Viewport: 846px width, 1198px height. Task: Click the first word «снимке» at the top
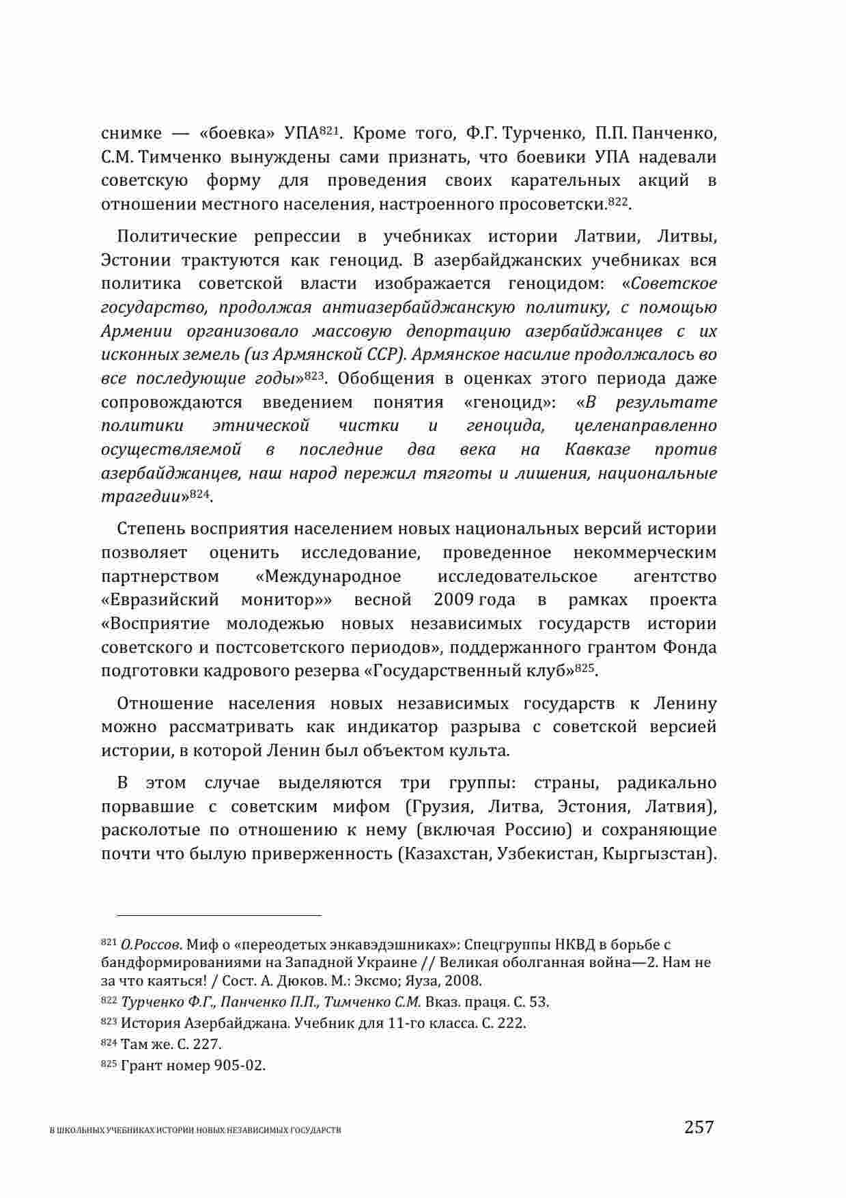pyautogui.click(x=131, y=133)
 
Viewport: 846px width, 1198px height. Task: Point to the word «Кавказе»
pyautogui.click(x=597, y=449)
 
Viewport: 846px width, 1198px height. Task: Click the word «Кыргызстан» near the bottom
pyautogui.click(x=660, y=854)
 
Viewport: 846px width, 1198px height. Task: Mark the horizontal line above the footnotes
pyautogui.click(x=218, y=915)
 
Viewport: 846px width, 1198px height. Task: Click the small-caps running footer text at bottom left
pyautogui.click(x=196, y=1130)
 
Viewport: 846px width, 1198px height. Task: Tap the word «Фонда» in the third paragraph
pyautogui.click(x=690, y=647)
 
